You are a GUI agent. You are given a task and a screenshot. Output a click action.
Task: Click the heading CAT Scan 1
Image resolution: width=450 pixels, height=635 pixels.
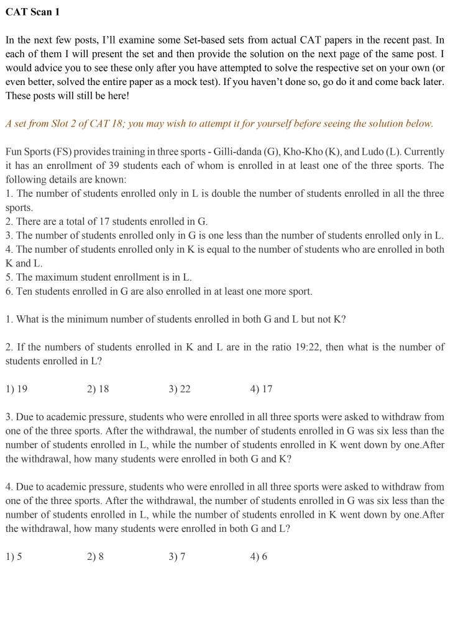click(x=33, y=12)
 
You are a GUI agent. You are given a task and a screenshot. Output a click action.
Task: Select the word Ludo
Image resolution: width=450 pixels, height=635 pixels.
click(x=379, y=151)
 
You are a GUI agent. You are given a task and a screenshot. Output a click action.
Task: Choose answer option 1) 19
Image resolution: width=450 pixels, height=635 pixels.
click(x=17, y=389)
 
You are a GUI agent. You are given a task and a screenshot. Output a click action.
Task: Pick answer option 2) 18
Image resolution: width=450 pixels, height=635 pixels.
click(x=98, y=389)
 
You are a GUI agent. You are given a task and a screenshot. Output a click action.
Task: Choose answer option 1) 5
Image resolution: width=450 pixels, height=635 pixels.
click(x=14, y=557)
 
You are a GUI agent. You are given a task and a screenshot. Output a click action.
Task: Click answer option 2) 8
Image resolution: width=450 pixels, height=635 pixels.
click(x=96, y=557)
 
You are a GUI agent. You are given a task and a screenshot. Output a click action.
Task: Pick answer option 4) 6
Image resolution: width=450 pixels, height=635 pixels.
click(x=259, y=557)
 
